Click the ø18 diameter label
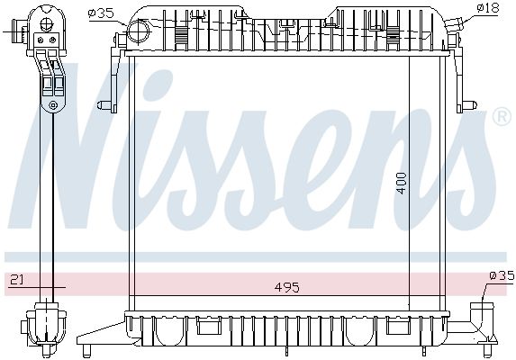487,8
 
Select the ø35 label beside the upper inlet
100,12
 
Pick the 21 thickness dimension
15,281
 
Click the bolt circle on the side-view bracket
53,106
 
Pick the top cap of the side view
47,16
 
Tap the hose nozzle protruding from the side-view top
15,37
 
